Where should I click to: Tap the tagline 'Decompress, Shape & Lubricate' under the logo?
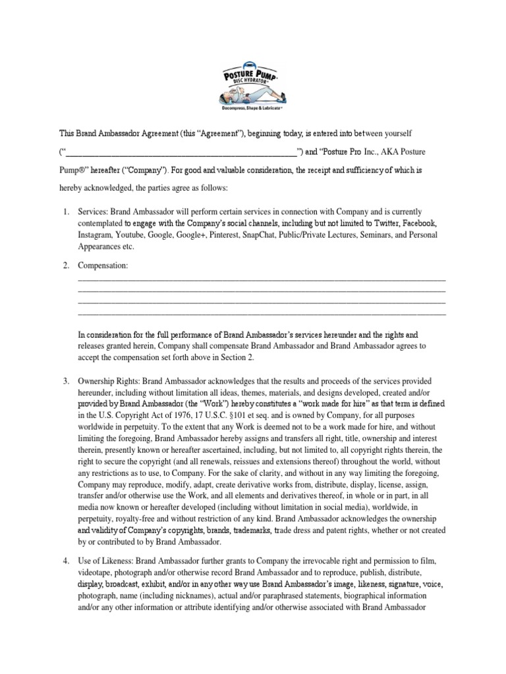click(x=252, y=106)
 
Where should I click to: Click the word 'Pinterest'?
click(x=211, y=235)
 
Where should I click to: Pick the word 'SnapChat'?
click(x=253, y=235)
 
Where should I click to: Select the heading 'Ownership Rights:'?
click(x=108, y=380)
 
